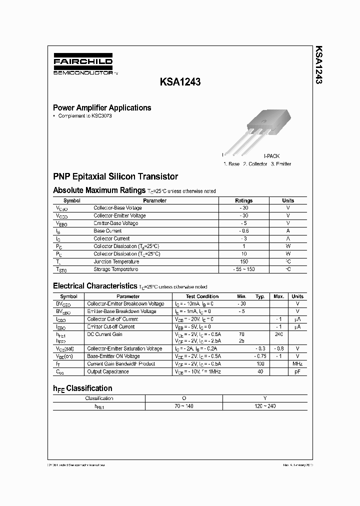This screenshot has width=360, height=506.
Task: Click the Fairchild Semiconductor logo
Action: click(x=83, y=65)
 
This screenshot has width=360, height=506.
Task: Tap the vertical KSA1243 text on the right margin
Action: click(x=318, y=64)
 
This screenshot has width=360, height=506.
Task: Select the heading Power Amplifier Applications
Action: click(x=102, y=107)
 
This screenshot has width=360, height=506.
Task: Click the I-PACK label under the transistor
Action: click(x=271, y=156)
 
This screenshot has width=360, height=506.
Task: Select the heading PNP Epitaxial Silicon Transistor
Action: click(x=115, y=176)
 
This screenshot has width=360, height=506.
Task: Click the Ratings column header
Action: click(x=244, y=200)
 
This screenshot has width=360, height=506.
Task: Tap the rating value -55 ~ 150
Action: click(x=244, y=269)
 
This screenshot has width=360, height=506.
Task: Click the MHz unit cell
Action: click(x=297, y=364)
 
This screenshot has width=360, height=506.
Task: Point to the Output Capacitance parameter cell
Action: click(x=108, y=371)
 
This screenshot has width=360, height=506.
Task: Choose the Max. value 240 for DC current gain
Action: click(x=278, y=334)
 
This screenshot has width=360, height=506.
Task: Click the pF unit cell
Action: click(x=297, y=371)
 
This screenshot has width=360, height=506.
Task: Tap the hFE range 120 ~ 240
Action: click(x=264, y=406)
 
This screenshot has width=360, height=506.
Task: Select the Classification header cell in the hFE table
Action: click(x=99, y=398)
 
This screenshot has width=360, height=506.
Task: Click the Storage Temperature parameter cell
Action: click(x=116, y=269)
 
